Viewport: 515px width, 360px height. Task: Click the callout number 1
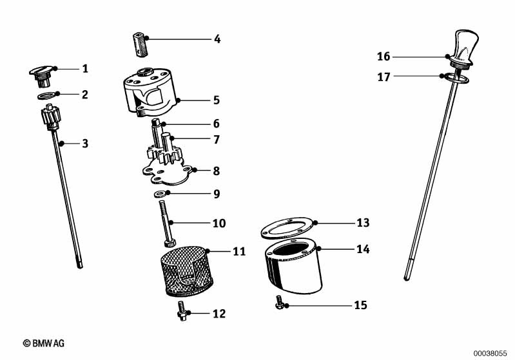pos(84,68)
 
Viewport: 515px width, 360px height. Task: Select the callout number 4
pos(217,39)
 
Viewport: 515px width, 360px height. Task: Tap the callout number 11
pos(239,252)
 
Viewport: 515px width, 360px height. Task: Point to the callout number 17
pos(384,77)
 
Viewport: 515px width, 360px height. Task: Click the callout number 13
pos(363,223)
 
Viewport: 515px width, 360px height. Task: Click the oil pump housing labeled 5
pos(150,94)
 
